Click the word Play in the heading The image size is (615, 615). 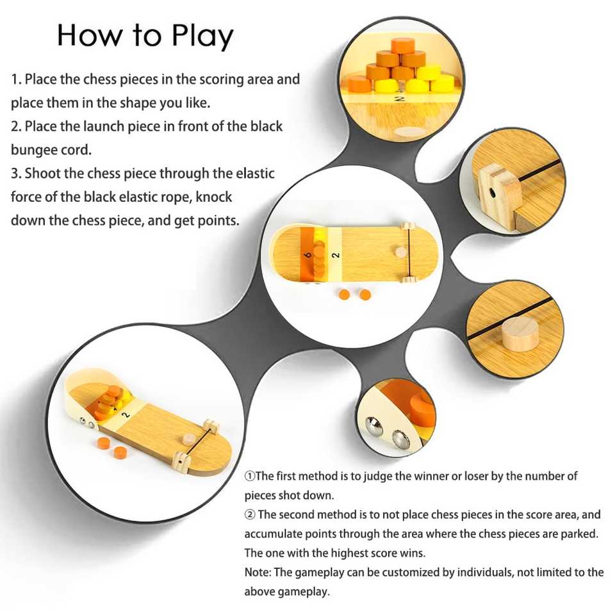tap(202, 36)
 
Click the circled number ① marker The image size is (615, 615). tap(249, 476)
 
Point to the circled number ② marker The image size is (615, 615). tap(250, 514)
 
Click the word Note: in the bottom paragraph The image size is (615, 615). tap(258, 572)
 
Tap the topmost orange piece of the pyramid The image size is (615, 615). tap(402, 45)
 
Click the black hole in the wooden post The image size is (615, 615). tap(491, 193)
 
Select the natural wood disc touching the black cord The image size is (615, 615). tap(520, 334)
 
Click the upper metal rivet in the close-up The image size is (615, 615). tap(373, 424)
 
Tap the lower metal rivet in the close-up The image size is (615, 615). tap(400, 439)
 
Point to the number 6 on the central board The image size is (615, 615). tap(308, 255)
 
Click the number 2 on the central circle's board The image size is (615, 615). tap(335, 255)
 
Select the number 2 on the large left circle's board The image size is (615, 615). tap(126, 414)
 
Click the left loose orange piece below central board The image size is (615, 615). tap(345, 295)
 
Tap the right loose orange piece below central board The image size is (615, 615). tap(365, 295)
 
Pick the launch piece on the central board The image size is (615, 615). tap(401, 252)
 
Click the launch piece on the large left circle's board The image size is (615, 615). tap(189, 439)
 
